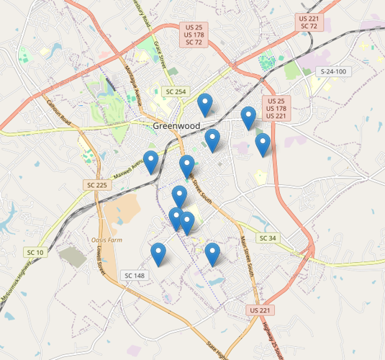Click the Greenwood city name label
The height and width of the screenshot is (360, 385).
[x=176, y=126]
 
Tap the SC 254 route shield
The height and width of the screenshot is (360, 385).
[x=175, y=91]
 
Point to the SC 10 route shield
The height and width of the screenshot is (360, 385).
[x=35, y=252]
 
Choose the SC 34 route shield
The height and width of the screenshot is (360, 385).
[x=267, y=238]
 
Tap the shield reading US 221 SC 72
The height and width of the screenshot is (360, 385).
[x=309, y=22]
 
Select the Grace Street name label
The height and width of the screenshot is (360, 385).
[x=158, y=53]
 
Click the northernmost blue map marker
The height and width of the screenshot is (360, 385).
[x=206, y=105]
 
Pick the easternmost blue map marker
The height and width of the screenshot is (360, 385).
[x=263, y=145]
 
